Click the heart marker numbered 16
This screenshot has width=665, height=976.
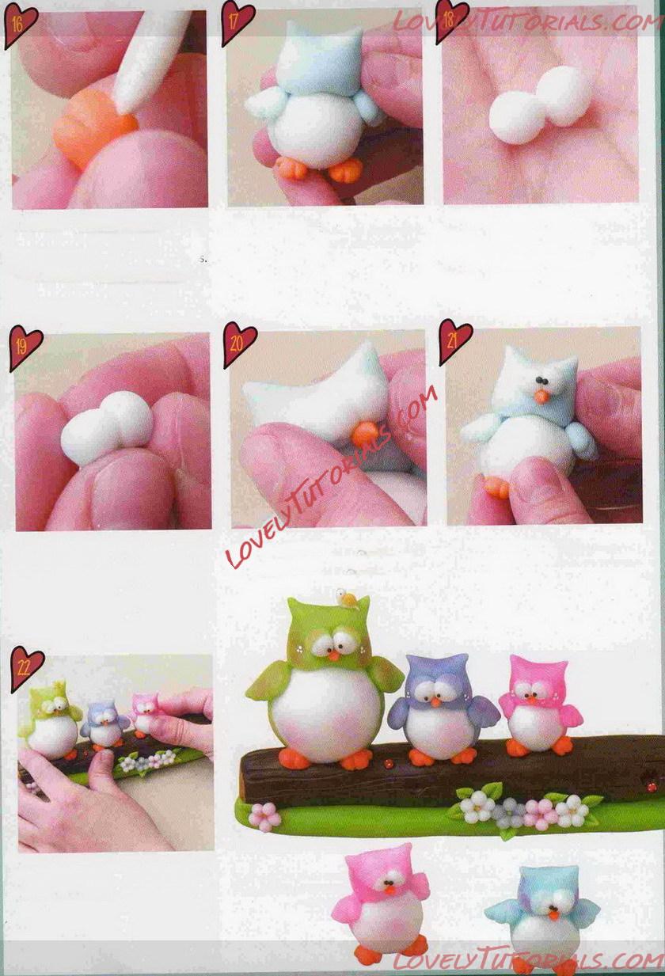[20, 25]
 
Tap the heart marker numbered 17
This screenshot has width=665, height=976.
[237, 22]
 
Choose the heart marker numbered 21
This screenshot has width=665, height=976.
[454, 341]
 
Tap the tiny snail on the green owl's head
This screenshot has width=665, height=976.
[348, 598]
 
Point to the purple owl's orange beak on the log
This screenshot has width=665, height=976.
[434, 702]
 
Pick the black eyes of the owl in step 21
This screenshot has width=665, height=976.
[542, 381]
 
